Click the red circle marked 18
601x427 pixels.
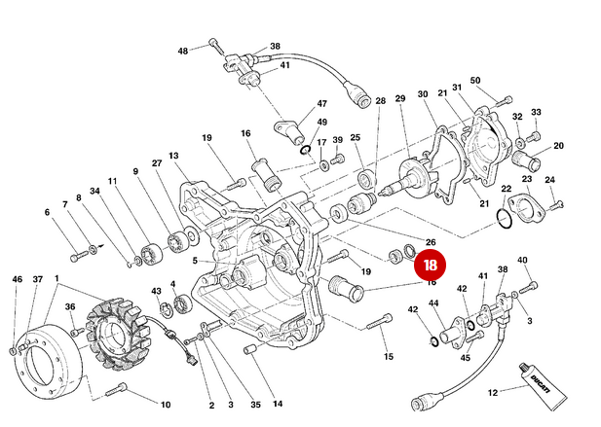click(x=430, y=263)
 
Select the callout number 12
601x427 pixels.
click(x=493, y=392)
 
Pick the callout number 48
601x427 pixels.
click(x=182, y=51)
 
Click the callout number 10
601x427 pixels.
click(x=166, y=404)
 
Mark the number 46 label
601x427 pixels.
click(x=16, y=280)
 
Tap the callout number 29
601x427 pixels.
click(x=400, y=99)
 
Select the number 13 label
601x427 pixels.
click(x=174, y=156)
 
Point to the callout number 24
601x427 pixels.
click(x=550, y=180)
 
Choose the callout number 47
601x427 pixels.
click(x=321, y=104)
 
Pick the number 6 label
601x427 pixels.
click(x=46, y=212)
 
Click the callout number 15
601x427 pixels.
click(x=389, y=357)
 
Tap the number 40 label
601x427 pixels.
click(x=522, y=260)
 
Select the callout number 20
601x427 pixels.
click(x=559, y=146)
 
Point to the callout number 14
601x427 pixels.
click(x=278, y=404)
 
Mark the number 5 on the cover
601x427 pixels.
click(x=195, y=261)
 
